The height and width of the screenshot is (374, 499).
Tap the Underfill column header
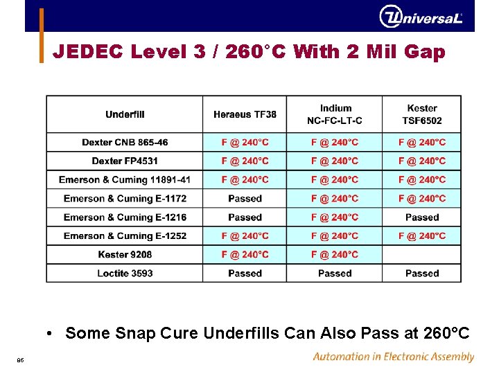(x=125, y=114)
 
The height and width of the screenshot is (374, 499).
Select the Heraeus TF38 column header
(x=245, y=114)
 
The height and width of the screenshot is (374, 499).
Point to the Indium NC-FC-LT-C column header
(x=335, y=114)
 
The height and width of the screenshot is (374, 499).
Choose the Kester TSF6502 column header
(x=422, y=114)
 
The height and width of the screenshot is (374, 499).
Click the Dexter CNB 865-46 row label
(x=125, y=143)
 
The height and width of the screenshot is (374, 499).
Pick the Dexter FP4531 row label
(x=125, y=161)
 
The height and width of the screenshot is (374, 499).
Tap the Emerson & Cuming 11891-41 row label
(x=125, y=180)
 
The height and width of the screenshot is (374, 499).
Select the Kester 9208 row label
(x=125, y=255)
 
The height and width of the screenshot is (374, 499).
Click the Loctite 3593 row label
(x=125, y=274)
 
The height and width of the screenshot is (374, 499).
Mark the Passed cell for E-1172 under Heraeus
(x=245, y=199)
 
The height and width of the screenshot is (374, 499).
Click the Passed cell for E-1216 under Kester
(x=422, y=217)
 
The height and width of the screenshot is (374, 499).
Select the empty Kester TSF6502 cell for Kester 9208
(x=422, y=255)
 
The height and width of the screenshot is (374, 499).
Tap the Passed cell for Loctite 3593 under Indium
(x=335, y=274)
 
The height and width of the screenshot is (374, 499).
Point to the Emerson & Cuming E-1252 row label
(x=125, y=236)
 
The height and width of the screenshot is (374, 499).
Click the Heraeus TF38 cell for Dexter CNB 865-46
(x=245, y=143)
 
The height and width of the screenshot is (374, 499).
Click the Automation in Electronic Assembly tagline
(x=393, y=357)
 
